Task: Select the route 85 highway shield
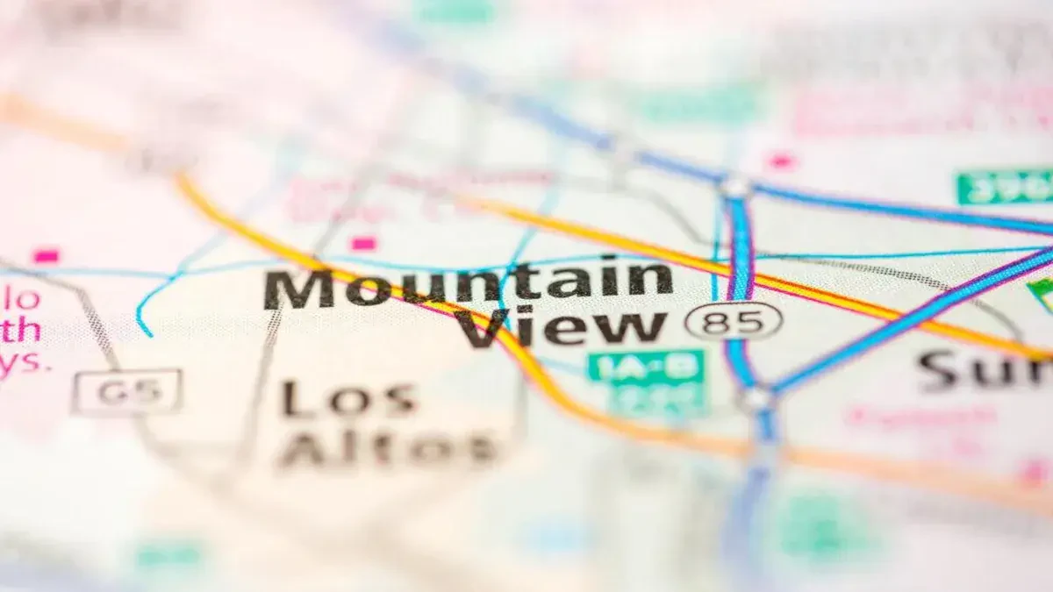point(733,321)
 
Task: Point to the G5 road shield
point(127,391)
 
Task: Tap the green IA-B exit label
point(647,367)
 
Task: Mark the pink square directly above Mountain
point(362,244)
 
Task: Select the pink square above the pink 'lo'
point(46,256)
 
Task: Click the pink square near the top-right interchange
point(779,161)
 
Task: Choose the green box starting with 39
point(1006,187)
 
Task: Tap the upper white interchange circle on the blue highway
point(735,187)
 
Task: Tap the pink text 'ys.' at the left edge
point(22,362)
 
